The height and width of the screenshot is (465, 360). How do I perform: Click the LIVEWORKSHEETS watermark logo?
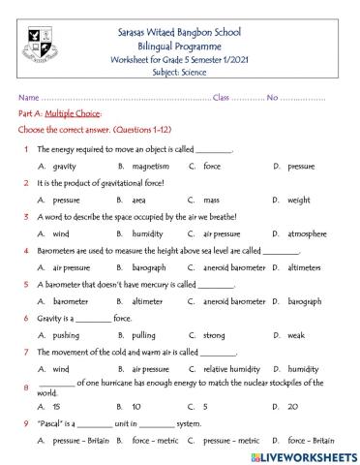[304, 454]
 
